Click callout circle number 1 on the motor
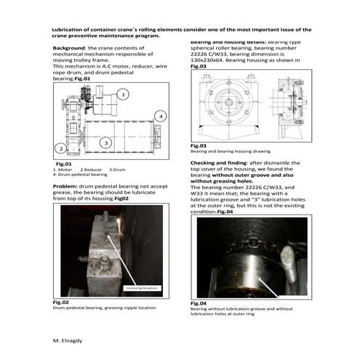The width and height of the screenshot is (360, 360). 124,95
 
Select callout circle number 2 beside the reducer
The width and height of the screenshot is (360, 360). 61,148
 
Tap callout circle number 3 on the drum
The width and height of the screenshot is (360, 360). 105,143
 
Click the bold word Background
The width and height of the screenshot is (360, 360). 70,47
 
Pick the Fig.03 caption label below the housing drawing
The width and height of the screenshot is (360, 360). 199,145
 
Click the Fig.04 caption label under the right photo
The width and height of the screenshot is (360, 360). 199,303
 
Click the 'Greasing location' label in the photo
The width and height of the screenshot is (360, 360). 143,287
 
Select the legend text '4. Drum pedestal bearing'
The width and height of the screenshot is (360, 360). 81,175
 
